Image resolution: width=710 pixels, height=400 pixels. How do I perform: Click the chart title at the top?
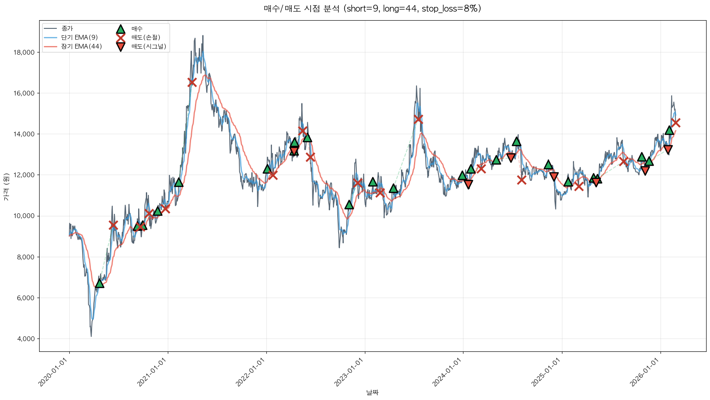click(372, 9)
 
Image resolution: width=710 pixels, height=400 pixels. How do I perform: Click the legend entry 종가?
click(67, 29)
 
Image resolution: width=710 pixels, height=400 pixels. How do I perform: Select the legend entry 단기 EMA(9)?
click(79, 37)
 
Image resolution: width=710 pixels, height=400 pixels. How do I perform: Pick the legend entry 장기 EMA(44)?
click(81, 46)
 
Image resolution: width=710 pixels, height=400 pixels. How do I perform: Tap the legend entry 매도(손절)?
click(146, 37)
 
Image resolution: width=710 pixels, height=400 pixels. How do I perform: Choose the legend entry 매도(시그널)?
click(148, 46)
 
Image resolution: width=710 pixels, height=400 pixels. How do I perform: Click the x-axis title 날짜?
click(372, 392)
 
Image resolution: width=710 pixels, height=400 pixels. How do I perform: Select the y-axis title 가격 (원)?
click(6, 186)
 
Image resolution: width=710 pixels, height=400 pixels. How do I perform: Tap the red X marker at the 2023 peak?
click(418, 119)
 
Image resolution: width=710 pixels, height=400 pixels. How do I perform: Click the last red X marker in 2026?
click(676, 123)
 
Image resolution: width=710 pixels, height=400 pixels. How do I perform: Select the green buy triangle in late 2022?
click(349, 205)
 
